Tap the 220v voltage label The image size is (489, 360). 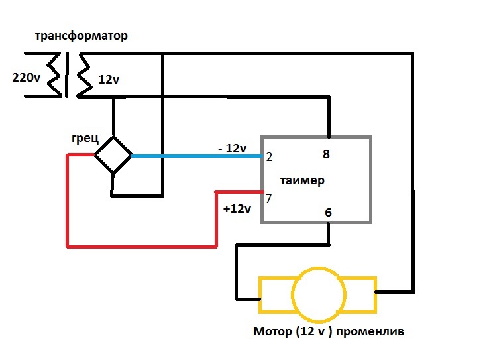[x=27, y=78]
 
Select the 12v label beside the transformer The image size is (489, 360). [x=109, y=79]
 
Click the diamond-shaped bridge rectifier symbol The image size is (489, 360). [x=113, y=156]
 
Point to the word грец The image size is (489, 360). [x=85, y=139]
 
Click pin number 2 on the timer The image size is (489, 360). [x=270, y=157]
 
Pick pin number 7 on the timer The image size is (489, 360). [x=269, y=198]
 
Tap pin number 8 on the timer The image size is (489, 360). [x=326, y=155]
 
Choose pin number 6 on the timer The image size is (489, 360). [x=327, y=213]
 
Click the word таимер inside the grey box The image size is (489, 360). [x=301, y=180]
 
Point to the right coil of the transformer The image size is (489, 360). [x=82, y=74]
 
